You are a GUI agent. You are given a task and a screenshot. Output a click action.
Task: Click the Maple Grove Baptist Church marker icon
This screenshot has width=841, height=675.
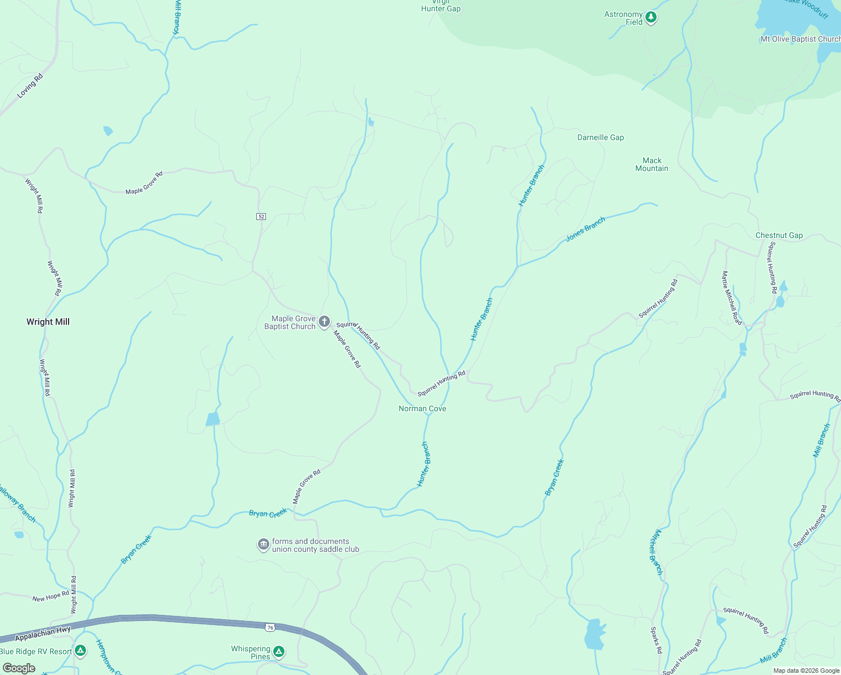(324, 322)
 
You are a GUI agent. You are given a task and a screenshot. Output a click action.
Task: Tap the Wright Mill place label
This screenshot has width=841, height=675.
(48, 322)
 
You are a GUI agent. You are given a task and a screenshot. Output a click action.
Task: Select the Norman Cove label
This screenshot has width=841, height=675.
(422, 408)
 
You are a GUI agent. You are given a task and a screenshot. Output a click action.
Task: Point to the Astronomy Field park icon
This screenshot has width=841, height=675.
(651, 17)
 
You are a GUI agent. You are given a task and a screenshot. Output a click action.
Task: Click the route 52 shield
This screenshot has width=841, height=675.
(261, 217)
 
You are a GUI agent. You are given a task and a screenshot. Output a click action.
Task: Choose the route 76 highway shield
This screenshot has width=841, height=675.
(270, 627)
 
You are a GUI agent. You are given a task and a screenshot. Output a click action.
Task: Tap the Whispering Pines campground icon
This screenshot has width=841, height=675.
(279, 652)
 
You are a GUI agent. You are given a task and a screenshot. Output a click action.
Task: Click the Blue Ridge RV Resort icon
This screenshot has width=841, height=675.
(80, 651)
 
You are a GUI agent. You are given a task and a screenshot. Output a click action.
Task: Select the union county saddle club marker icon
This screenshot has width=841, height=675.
(263, 544)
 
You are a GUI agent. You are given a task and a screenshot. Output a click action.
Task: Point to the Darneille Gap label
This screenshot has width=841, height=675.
(600, 137)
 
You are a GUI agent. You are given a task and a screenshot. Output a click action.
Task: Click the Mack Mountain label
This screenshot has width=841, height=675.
(652, 164)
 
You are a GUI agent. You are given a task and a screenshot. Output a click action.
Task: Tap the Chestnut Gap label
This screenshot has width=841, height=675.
(779, 235)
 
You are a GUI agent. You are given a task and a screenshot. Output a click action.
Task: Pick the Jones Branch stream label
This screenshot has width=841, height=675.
(585, 229)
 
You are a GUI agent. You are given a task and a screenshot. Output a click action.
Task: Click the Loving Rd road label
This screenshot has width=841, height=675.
(30, 86)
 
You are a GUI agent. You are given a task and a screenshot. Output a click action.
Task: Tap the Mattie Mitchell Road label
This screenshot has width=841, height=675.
(732, 298)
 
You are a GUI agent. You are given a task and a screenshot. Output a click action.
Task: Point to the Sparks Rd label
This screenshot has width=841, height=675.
(656, 640)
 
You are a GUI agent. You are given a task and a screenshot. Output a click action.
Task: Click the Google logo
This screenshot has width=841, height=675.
(19, 668)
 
